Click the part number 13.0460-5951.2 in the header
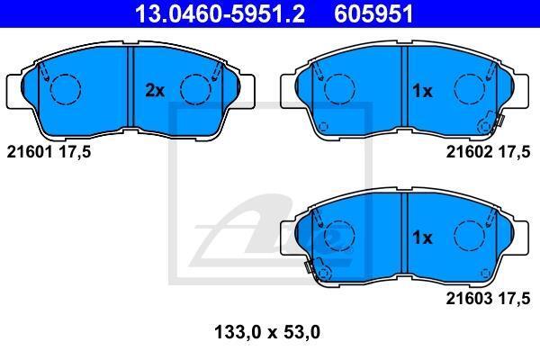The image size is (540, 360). tap(220, 13)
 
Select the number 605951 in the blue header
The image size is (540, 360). tap(373, 13)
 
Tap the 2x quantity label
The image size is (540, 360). tap(155, 90)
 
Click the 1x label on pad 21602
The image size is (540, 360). tap(422, 91)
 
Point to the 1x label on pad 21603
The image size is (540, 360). tap(422, 238)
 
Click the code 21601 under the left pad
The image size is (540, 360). tap(30, 151)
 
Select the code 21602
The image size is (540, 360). tap(469, 151)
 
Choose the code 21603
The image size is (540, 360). tap(469, 298)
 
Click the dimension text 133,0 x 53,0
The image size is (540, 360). tap(267, 332)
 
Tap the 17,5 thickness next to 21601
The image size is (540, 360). tap(75, 151)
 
